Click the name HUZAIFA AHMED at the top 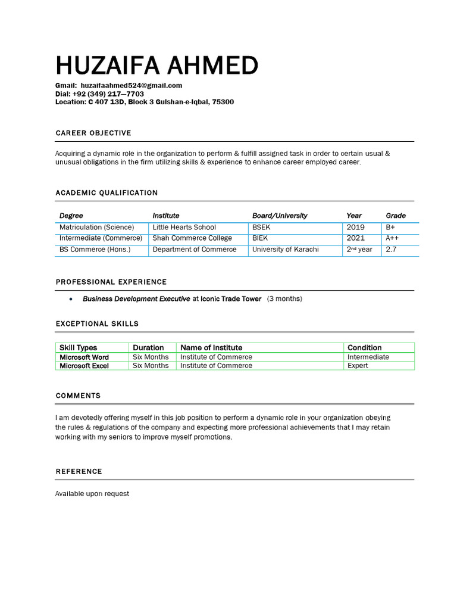coord(156,66)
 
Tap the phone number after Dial coord(108,94)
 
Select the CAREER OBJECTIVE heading coord(93,133)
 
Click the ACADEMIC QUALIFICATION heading coord(107,193)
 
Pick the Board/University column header coord(280,216)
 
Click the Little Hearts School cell coord(184,228)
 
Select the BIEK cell coord(260,238)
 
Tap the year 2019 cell coord(355,228)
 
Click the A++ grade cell coord(393,238)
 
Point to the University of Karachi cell coord(285,250)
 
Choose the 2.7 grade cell coord(391,250)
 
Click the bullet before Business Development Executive coord(71,299)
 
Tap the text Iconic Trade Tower coord(231,299)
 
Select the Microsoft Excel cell coord(84,366)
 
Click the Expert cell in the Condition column coord(358,366)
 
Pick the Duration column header coord(148,348)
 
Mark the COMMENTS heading coord(78,396)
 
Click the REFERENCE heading coord(79,472)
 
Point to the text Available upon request coord(92,494)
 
